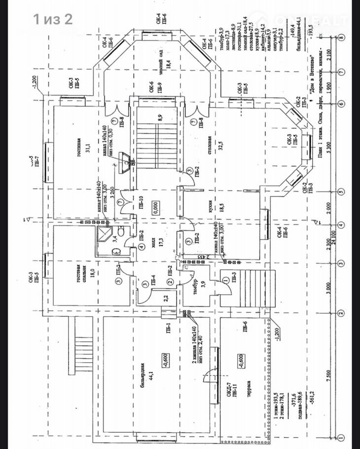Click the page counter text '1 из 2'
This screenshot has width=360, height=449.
53,20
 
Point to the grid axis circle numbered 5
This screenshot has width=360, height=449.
341,191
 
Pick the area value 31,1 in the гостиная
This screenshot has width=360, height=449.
87,146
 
